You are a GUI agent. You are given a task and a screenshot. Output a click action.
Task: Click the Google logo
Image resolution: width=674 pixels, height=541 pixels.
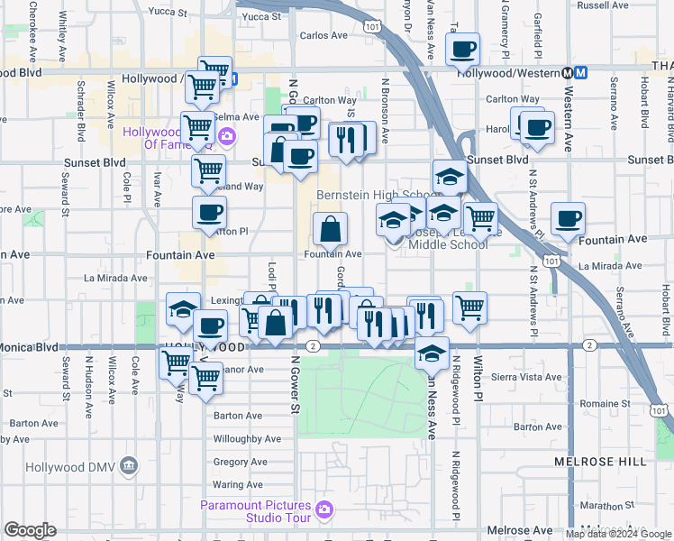(x=30, y=530)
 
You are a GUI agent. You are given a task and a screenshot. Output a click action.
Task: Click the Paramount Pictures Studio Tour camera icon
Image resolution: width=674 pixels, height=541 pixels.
(x=324, y=512)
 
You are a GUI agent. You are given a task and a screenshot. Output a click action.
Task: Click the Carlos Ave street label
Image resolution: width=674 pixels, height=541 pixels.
(x=323, y=36)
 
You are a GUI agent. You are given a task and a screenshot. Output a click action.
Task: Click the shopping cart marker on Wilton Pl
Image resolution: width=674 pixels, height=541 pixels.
(x=469, y=307)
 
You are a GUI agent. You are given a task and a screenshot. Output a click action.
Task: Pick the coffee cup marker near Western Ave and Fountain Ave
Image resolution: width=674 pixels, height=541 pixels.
(x=568, y=218)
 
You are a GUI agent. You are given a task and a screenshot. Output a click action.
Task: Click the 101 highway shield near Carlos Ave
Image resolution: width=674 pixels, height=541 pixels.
(x=372, y=29)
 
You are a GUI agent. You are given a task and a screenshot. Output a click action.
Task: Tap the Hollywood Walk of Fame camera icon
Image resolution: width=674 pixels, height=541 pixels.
(x=226, y=137)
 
